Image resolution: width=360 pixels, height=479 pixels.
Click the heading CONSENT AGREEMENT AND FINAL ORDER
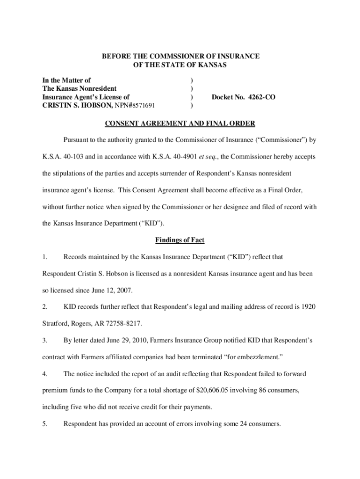pyautogui.click(x=180, y=124)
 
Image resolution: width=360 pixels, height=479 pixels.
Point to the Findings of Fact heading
pyautogui.click(x=180, y=240)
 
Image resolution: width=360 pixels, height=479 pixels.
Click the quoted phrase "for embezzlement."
pyautogui.click(x=252, y=357)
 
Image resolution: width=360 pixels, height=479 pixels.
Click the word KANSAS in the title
pyautogui.click(x=210, y=65)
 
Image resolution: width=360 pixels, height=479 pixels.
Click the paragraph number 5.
pyautogui.click(x=44, y=424)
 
